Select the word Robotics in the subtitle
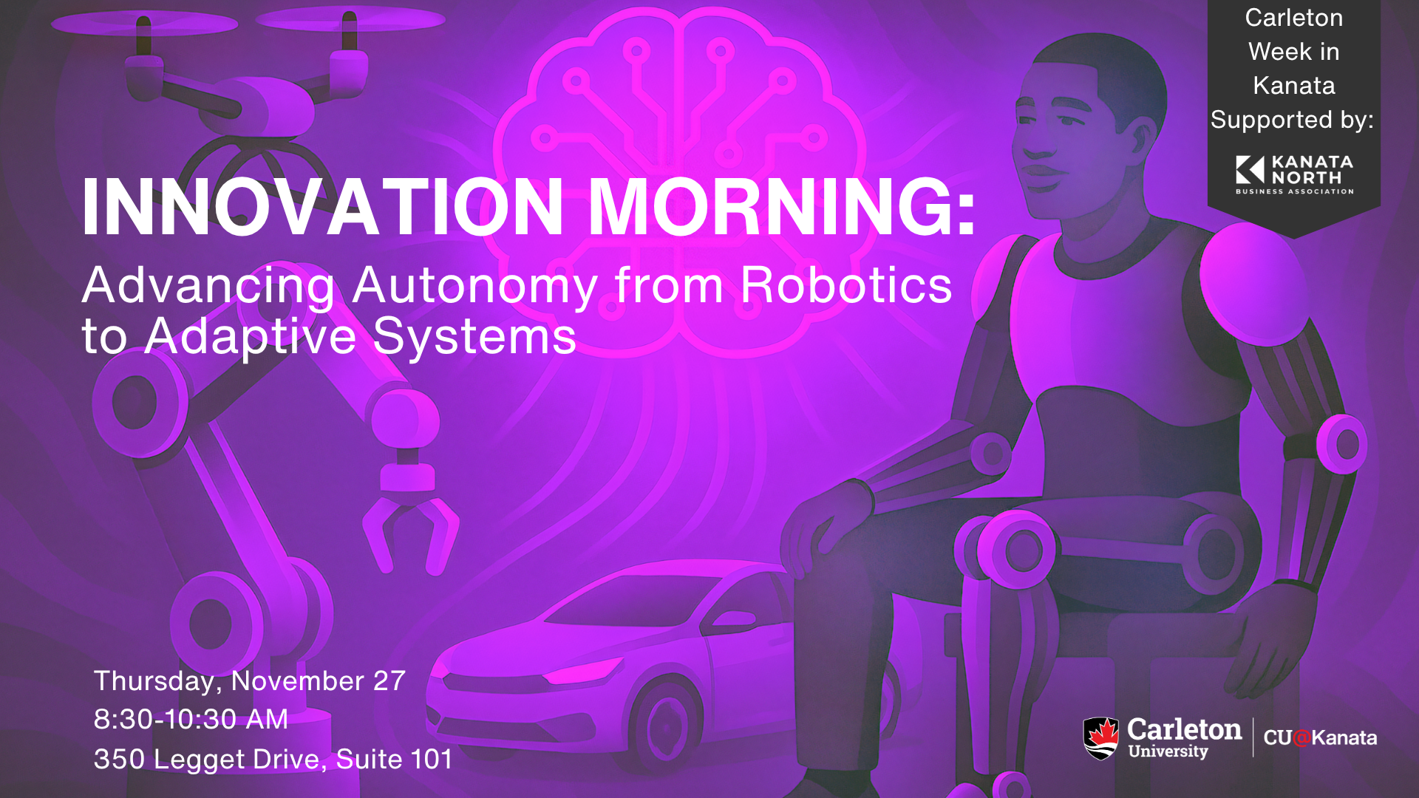(846, 286)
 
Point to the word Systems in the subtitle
(474, 337)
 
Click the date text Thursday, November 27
(250, 681)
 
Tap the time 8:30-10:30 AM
(191, 720)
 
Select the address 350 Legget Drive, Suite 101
(273, 760)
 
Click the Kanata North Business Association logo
(1294, 175)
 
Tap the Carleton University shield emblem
(1101, 738)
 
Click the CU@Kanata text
(1320, 737)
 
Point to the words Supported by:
(1292, 120)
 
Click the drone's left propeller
(144, 24)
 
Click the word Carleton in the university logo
(1185, 730)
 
